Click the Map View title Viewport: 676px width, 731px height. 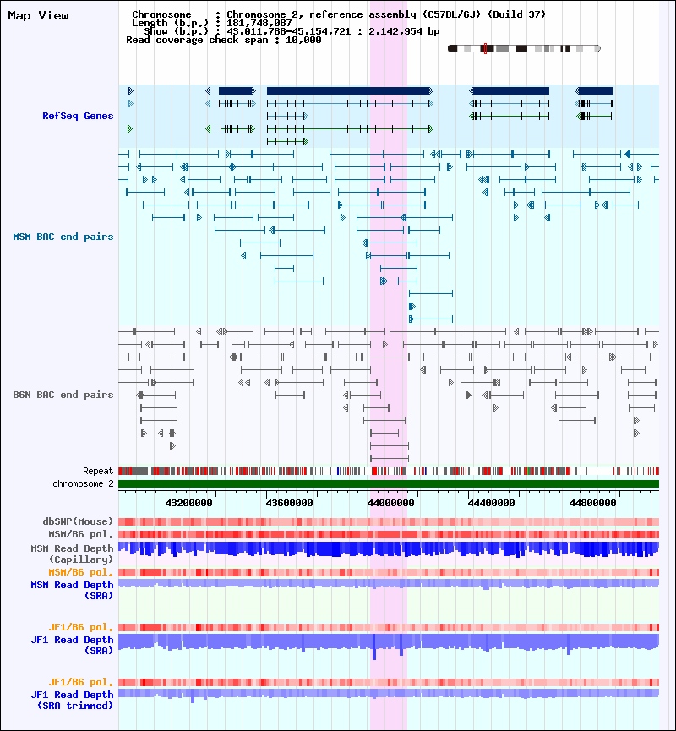point(38,15)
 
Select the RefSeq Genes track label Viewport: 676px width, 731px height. point(78,116)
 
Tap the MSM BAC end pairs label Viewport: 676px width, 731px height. point(63,237)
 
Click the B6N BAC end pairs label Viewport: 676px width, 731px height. point(63,395)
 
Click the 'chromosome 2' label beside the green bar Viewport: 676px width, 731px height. point(83,483)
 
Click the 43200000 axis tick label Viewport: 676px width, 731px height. point(189,502)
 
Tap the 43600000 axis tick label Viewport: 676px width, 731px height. point(292,502)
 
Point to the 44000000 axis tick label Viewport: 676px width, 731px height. point(391,502)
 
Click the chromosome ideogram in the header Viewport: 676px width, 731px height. point(524,48)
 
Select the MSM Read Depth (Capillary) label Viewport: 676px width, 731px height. point(71,554)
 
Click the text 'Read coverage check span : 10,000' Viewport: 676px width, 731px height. point(223,40)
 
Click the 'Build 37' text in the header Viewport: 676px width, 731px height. point(516,14)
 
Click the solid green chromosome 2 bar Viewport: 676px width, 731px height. point(389,483)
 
